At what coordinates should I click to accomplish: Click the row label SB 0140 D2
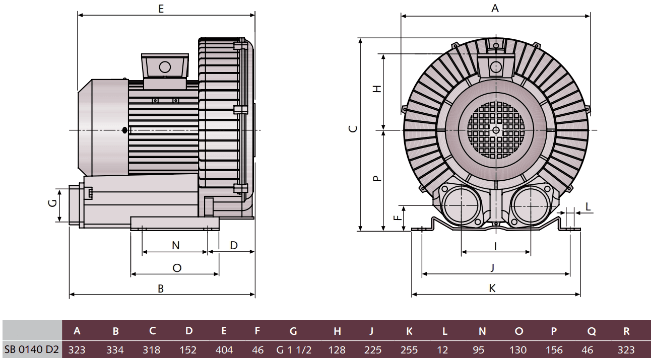[31, 350]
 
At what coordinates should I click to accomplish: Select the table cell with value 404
[224, 350]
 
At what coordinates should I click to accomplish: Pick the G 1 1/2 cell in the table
[294, 350]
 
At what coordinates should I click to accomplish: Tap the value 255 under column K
[409, 350]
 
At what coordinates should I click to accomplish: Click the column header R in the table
[626, 331]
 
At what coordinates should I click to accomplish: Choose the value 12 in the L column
[444, 350]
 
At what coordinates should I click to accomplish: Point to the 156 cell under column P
[554, 350]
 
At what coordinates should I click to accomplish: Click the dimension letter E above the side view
[161, 9]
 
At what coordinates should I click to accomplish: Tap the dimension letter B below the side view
[161, 289]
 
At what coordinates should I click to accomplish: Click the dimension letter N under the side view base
[175, 245]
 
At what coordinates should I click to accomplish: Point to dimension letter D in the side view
[234, 245]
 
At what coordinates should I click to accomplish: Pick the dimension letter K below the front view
[492, 288]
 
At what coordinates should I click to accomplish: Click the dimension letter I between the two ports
[495, 246]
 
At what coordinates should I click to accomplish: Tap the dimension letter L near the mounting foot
[588, 206]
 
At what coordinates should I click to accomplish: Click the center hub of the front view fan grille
[496, 130]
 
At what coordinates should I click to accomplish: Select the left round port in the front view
[461, 206]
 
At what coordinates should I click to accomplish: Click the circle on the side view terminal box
[165, 66]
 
